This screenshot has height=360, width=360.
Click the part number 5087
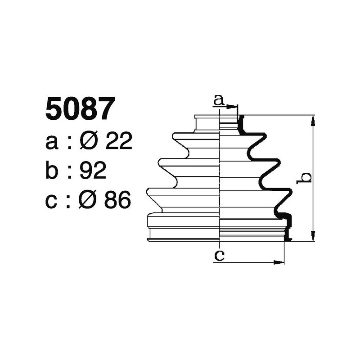[78, 110]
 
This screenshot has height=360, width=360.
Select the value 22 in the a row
[119, 142]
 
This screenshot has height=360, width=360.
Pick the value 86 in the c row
[117, 200]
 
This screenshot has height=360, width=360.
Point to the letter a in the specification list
[52, 143]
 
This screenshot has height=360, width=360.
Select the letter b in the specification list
[52, 171]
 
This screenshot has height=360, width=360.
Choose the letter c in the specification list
[52, 201]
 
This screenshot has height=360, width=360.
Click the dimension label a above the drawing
[219, 100]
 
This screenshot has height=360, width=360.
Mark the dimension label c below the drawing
[219, 255]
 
